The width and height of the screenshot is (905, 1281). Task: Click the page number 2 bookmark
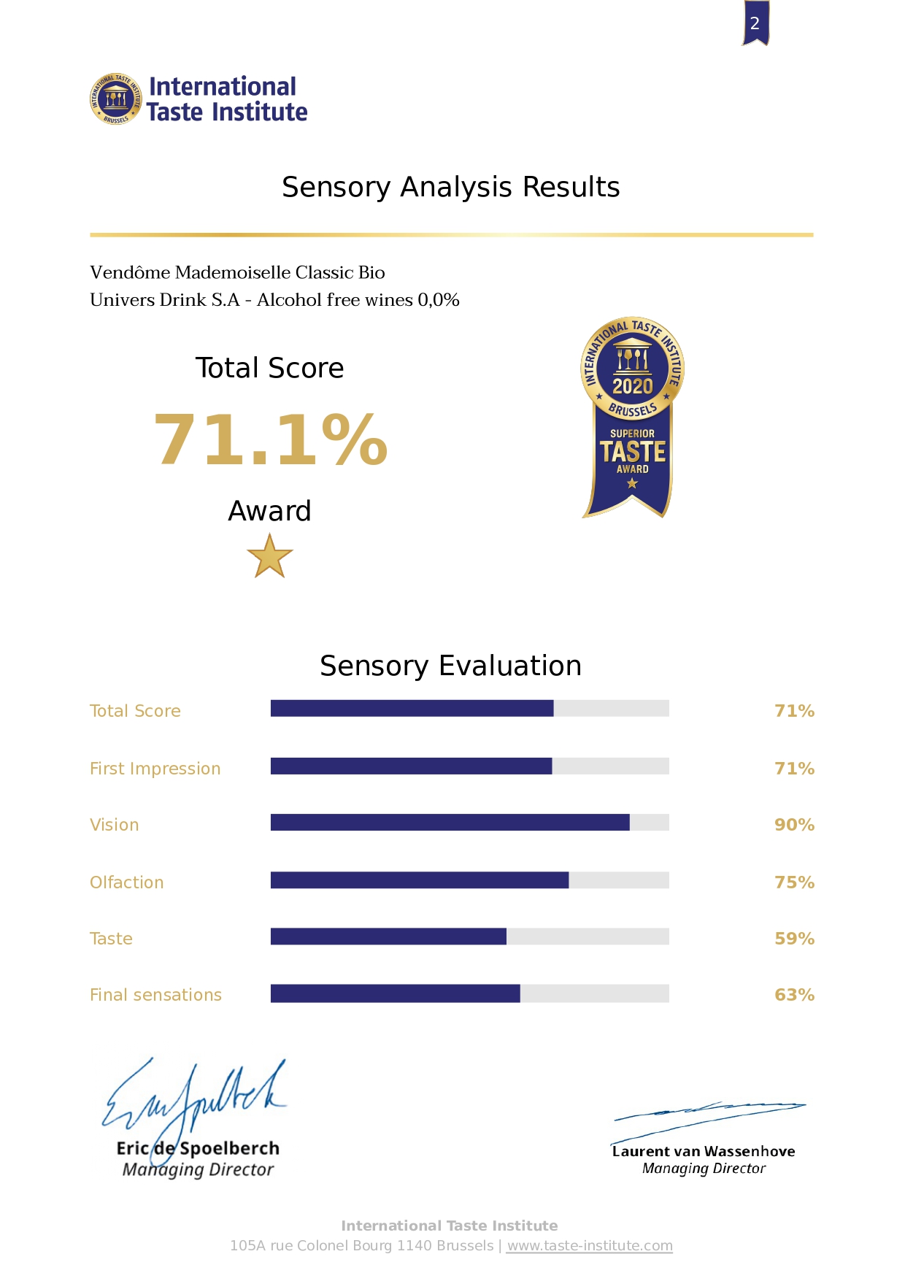[x=755, y=23]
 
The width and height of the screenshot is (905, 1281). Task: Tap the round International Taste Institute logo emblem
[x=115, y=99]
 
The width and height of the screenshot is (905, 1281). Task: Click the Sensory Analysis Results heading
[x=450, y=188]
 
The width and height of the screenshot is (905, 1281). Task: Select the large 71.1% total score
[x=270, y=439]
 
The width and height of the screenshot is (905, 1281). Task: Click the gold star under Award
[x=269, y=556]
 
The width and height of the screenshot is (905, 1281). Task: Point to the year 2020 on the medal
[x=632, y=385]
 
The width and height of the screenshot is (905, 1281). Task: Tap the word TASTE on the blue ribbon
[x=633, y=452]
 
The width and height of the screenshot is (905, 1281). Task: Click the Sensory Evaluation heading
[x=450, y=666]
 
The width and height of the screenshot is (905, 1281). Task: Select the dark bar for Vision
[x=450, y=823]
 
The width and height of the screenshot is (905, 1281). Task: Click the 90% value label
[x=794, y=825]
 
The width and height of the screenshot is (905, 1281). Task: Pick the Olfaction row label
[x=126, y=882]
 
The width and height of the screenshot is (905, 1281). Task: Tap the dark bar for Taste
[x=388, y=936]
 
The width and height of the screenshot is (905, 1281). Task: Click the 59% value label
[x=794, y=939]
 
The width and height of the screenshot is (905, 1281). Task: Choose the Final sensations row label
[x=155, y=995]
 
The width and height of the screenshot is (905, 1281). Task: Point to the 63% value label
[x=794, y=995]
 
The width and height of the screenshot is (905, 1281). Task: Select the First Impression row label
[x=155, y=769]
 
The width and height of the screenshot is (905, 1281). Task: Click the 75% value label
[x=794, y=882]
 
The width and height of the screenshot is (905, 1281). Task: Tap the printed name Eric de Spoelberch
[x=198, y=1148]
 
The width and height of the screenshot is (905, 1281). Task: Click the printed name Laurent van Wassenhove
[x=703, y=1151]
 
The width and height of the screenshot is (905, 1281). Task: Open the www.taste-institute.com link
[x=590, y=1245]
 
